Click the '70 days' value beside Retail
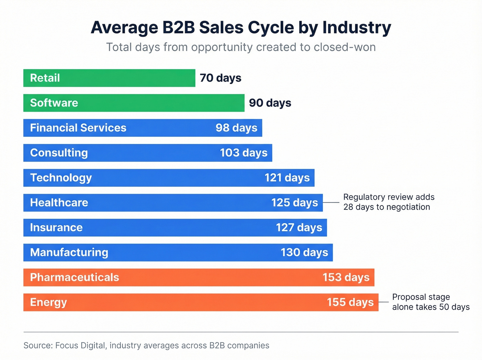point(220,78)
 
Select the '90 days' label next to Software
point(270,103)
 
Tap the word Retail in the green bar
point(45,78)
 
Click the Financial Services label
point(78,128)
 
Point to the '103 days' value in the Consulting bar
point(243,153)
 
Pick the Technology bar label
point(61,178)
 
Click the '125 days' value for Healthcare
point(294,203)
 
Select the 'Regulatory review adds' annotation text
point(389,197)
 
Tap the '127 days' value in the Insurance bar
point(299,227)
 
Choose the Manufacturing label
point(69,253)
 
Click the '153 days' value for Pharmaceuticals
point(346,277)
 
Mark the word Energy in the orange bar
point(48,302)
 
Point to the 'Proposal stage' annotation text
point(421,297)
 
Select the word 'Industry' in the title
point(357,28)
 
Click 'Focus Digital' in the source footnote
point(80,346)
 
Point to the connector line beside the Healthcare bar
point(331,203)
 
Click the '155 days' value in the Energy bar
point(350,302)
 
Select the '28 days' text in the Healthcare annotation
point(358,207)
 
